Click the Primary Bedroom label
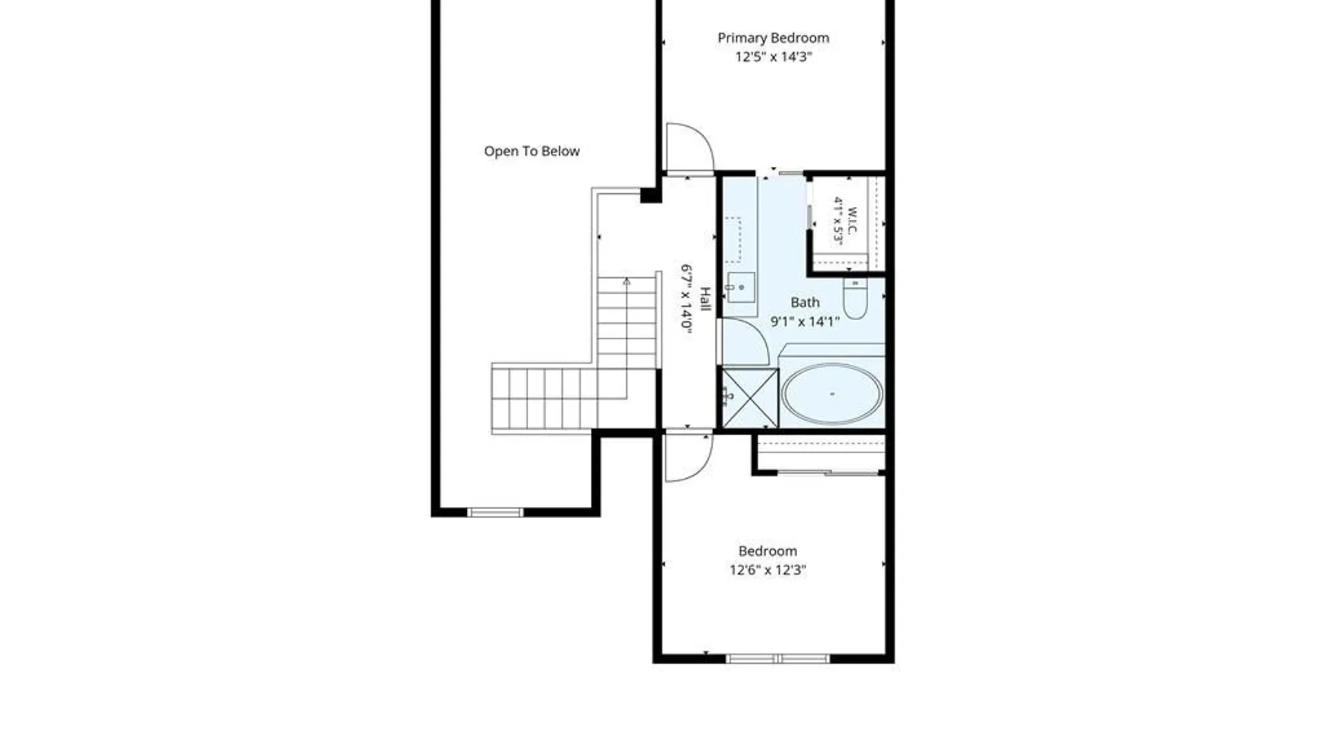(773, 38)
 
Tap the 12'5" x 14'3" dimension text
(773, 57)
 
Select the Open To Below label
(532, 151)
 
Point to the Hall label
(705, 299)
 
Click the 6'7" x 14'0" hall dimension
(686, 299)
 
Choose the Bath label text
(805, 302)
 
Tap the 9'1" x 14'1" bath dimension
(805, 321)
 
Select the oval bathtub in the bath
(832, 394)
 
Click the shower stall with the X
(750, 398)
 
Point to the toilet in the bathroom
(855, 297)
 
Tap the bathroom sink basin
(741, 287)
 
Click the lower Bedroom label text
(768, 551)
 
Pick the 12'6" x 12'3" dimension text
(768, 570)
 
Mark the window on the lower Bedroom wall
(778, 659)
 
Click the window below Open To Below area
(495, 512)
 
